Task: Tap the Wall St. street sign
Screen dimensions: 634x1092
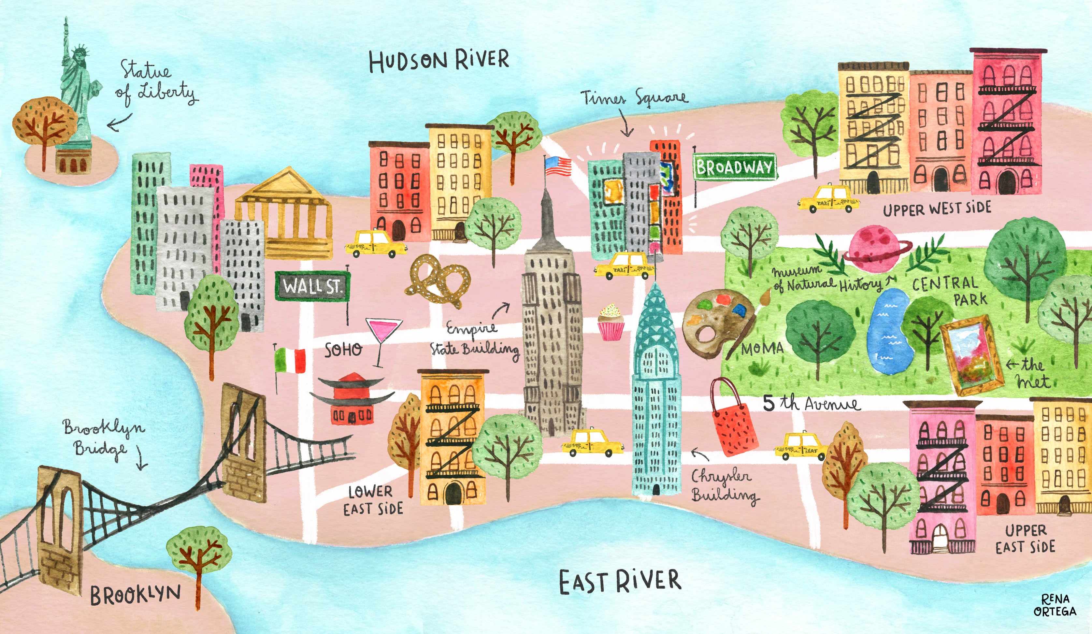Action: [x=312, y=286]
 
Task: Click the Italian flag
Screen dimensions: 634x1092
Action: [x=290, y=361]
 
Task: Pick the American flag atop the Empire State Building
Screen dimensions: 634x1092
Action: [x=558, y=166]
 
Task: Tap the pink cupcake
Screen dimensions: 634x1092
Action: [x=611, y=323]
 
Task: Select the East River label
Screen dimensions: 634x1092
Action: [x=620, y=582]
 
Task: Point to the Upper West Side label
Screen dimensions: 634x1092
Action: [x=937, y=209]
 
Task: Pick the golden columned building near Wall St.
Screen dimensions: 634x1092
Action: [x=284, y=212]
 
